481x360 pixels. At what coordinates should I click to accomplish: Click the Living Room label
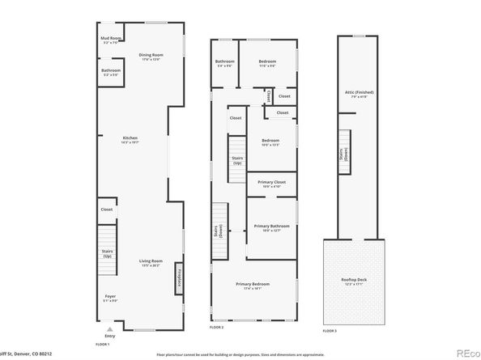pos(151,262)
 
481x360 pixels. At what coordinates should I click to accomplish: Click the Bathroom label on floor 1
pos(111,72)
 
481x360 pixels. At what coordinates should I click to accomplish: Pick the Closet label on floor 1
pos(107,210)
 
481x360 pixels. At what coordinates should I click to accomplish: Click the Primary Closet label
pos(270,184)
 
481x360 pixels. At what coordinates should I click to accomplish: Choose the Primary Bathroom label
pos(270,227)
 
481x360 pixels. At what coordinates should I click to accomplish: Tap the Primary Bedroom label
pos(253,286)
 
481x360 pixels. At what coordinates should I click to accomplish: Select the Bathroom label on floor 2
pos(224,64)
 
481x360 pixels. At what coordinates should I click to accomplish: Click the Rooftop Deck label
pos(356,281)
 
